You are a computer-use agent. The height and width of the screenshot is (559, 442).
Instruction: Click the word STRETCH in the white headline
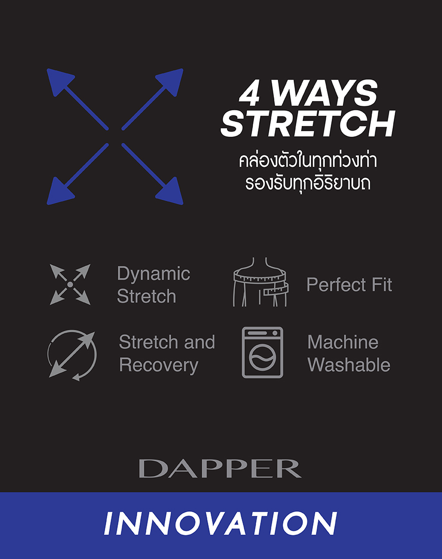point(308,123)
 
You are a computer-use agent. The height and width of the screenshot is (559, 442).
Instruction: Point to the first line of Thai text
point(308,161)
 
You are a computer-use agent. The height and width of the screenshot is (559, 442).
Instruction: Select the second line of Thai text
point(308,183)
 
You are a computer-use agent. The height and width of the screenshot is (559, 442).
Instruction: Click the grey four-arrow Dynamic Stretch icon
point(70,285)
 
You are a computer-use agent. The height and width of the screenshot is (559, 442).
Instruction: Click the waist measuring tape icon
point(261,282)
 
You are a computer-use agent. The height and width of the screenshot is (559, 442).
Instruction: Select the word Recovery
point(159,366)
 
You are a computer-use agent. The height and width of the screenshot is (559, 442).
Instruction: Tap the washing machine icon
point(263,353)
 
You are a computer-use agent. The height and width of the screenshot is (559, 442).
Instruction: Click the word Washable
point(349,365)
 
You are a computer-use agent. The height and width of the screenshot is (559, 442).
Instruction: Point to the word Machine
point(343,342)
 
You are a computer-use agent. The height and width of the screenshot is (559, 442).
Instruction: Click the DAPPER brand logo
point(220,469)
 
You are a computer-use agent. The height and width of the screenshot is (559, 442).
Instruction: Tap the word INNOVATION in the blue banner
point(220,523)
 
